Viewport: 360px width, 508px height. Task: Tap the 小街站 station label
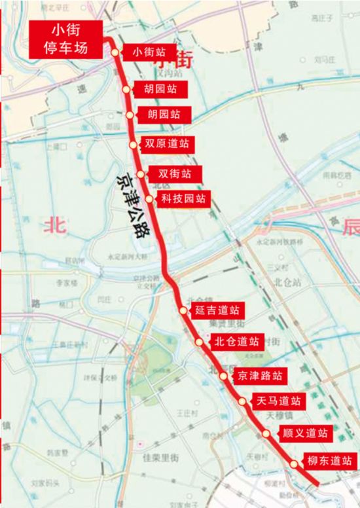149,51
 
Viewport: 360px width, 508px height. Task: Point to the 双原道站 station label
167,143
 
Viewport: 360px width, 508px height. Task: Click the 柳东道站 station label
329,461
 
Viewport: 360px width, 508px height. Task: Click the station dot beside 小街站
115,52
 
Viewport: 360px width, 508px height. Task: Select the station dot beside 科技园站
150,199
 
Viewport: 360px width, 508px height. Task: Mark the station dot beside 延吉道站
183,310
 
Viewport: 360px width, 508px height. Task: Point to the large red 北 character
54,226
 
